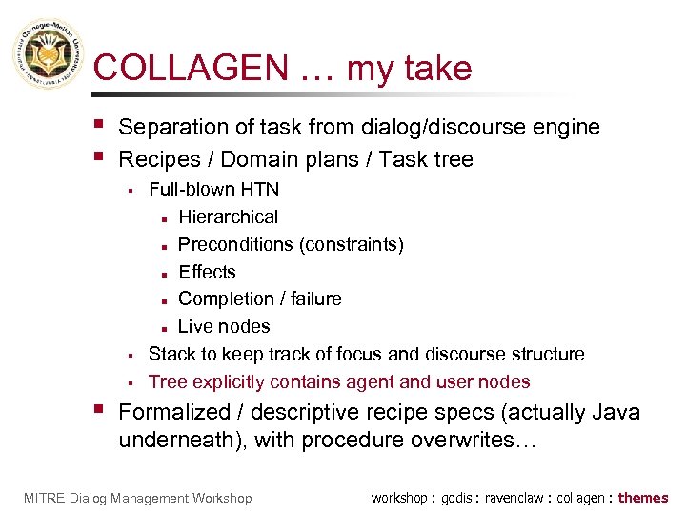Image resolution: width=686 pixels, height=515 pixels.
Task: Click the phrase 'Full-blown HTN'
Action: [x=214, y=190]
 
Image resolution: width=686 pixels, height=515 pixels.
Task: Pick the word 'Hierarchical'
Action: [x=229, y=217]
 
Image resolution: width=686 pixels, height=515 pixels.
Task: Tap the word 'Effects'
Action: [x=207, y=272]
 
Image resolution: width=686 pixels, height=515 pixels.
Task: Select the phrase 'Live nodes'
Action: [x=224, y=326]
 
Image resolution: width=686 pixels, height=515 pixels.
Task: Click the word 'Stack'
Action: [x=171, y=354]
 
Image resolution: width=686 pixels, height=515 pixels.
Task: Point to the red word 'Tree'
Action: [x=168, y=381]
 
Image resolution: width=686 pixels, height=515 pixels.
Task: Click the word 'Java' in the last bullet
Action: [x=616, y=413]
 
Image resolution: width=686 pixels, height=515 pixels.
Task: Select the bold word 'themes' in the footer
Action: [x=643, y=498]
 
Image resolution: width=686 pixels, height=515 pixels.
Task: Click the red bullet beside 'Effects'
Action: [x=165, y=273]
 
